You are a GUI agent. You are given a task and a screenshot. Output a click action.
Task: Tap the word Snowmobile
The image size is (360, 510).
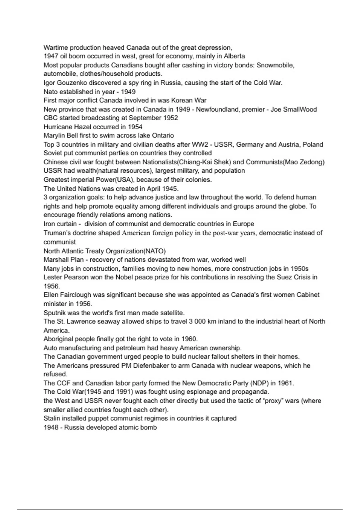coord(275,65)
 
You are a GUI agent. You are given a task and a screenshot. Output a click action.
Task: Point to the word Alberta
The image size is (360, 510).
coord(234,56)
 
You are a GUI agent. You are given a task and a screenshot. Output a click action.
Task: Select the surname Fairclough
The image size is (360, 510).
coord(76,295)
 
